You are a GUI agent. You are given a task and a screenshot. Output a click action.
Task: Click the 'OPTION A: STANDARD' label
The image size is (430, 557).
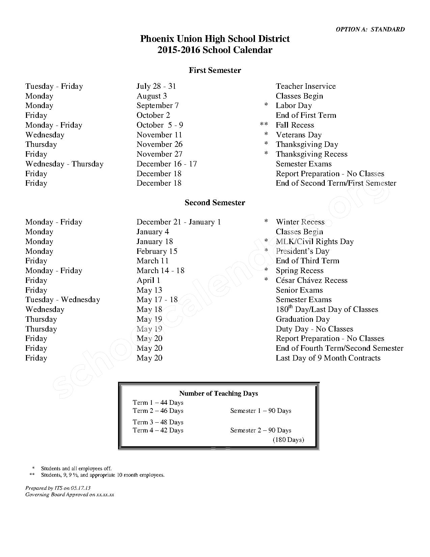[370, 29]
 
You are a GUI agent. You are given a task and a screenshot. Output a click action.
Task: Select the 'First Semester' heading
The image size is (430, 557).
[215, 70]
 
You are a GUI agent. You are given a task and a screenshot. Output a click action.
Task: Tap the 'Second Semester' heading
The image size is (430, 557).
[215, 203]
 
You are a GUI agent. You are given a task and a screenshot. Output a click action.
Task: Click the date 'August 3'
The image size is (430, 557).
[152, 96]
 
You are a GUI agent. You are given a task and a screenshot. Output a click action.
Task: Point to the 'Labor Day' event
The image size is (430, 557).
[294, 106]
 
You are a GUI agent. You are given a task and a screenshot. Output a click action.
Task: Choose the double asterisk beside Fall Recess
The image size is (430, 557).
[264, 125]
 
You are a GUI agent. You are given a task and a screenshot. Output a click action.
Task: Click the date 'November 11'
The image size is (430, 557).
[159, 135]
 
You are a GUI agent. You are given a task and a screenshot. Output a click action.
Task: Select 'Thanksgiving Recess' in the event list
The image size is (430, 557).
[312, 154]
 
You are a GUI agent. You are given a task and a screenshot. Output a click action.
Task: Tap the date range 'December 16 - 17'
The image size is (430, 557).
[167, 164]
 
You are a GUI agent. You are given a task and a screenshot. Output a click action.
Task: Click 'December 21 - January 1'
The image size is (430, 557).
[179, 222]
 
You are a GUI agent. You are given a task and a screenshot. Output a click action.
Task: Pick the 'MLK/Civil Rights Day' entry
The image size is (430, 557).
[315, 241]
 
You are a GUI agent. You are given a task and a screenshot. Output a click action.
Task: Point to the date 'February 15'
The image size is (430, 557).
[157, 251]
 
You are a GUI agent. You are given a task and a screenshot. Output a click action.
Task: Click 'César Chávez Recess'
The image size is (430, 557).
[312, 280]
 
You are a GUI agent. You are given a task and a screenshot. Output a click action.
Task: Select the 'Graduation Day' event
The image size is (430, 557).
[303, 319]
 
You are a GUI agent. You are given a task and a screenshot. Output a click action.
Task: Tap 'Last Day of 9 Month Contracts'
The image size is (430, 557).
[328, 358]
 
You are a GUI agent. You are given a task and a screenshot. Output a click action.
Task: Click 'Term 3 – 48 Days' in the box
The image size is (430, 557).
[158, 422]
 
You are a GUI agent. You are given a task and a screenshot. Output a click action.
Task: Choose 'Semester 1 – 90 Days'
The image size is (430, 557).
[261, 411]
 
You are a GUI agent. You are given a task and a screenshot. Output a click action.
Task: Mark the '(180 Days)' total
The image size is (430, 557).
[288, 440]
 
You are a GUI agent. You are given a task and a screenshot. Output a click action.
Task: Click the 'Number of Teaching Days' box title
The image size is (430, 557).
[219, 393]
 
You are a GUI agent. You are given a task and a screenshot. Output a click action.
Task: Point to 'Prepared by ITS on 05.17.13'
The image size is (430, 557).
[58, 488]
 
